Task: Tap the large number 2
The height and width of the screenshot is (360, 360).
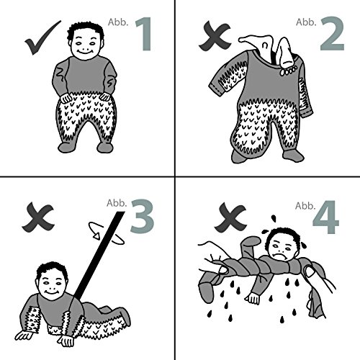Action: click(333, 33)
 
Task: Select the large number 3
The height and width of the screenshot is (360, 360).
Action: click(142, 216)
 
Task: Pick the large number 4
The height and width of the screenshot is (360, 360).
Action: click(326, 217)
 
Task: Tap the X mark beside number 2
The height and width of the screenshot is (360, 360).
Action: click(215, 35)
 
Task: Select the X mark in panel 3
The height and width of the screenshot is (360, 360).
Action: click(38, 217)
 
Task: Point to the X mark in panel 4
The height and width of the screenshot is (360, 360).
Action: click(230, 217)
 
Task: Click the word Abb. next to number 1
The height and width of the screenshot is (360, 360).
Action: click(118, 22)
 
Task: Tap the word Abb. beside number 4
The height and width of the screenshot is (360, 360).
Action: click(305, 206)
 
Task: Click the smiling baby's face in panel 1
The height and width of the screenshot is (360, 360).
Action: click(86, 45)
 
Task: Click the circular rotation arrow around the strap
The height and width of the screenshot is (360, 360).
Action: click(106, 233)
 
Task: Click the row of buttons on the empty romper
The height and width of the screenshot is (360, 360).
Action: click(289, 71)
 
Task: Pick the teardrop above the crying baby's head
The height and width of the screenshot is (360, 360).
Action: click(274, 219)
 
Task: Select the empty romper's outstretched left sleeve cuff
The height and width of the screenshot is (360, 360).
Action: click(215, 88)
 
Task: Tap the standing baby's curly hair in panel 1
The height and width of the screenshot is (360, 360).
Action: click(85, 30)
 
